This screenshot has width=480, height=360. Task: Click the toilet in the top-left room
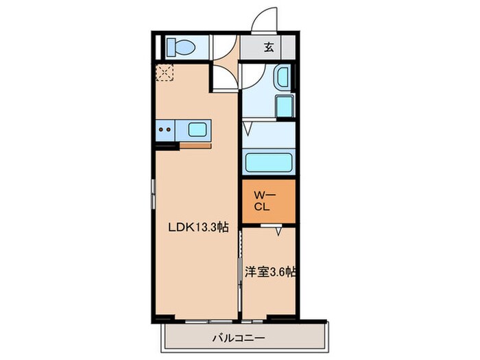point(181,47)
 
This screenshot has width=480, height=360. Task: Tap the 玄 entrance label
point(269,47)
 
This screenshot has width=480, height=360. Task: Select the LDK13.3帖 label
point(199,227)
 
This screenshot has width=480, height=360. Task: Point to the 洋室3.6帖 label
point(270,272)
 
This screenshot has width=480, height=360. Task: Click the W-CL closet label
point(262,201)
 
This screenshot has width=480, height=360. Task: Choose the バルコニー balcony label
point(239,338)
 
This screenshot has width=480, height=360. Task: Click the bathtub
point(269,163)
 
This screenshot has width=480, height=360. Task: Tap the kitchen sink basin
point(197,130)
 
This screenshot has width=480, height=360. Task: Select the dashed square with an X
point(165,73)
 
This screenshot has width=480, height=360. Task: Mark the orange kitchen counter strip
point(195,145)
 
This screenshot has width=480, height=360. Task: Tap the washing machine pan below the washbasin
point(285,106)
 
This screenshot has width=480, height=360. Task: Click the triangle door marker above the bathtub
point(248,129)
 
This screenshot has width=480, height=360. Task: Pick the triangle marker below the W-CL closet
point(278,231)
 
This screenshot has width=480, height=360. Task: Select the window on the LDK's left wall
point(154,194)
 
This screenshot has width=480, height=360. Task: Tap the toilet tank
point(171,47)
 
